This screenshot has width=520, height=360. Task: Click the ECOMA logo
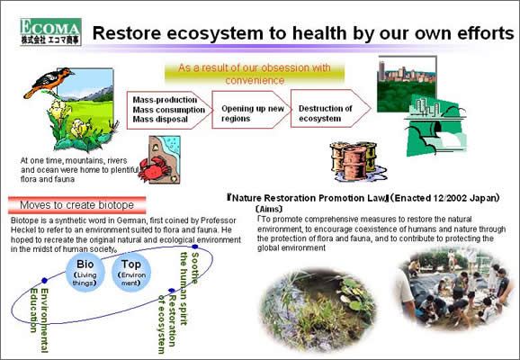tap(50, 31)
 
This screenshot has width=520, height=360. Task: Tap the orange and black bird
tap(49, 83)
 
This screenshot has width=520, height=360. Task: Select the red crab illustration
tap(154, 169)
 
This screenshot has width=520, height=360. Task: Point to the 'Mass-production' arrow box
tap(170, 110)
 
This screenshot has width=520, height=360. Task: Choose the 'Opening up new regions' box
tap(251, 110)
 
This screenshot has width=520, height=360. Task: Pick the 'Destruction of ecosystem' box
tap(331, 109)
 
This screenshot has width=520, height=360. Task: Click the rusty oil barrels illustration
tap(357, 162)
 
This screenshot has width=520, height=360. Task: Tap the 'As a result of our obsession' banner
tap(255, 74)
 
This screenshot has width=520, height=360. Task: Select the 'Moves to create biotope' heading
tap(77, 205)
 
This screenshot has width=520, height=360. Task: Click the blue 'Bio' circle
tap(85, 273)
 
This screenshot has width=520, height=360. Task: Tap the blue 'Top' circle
tap(131, 273)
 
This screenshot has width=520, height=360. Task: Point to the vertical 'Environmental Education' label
tap(39, 320)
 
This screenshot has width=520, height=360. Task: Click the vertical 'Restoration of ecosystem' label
tap(166, 324)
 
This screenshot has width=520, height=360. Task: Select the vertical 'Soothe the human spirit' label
tap(189, 289)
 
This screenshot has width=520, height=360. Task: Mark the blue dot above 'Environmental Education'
tap(44, 281)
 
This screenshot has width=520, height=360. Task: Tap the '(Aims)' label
tap(269, 209)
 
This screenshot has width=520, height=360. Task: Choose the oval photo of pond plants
tap(318, 309)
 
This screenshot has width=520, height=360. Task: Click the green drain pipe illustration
tap(436, 126)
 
